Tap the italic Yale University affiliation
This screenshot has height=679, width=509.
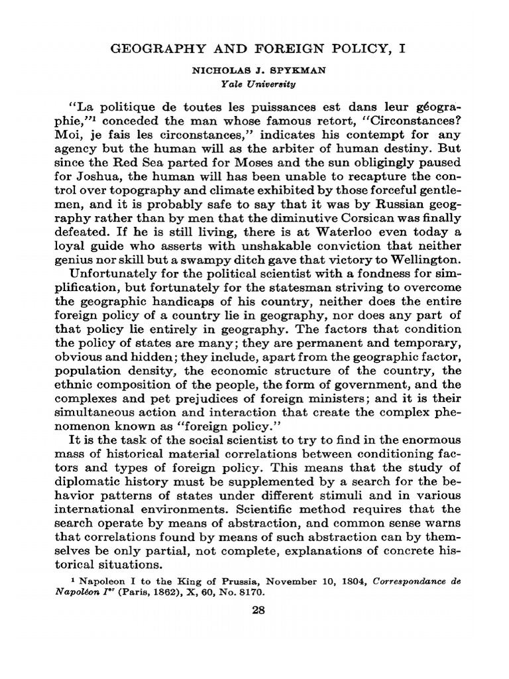(x=254, y=84)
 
